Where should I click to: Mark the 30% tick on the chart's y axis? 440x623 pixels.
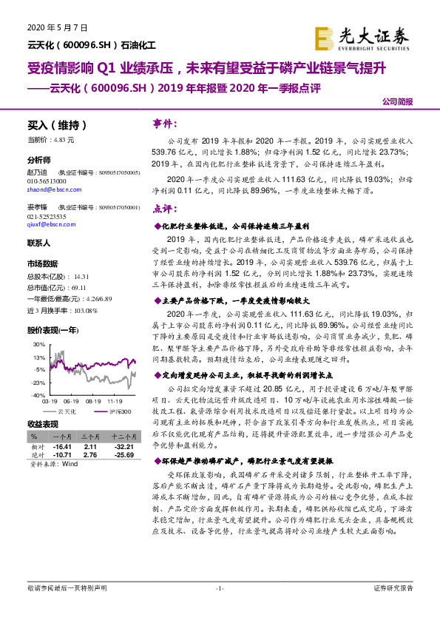(38, 345)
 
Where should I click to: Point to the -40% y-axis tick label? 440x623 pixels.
(37, 396)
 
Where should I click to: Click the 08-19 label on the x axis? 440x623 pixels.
(93, 402)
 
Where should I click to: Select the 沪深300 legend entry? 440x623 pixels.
(120, 411)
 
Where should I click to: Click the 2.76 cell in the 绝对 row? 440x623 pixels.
(91, 455)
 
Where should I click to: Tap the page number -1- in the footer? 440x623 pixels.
(219, 608)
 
